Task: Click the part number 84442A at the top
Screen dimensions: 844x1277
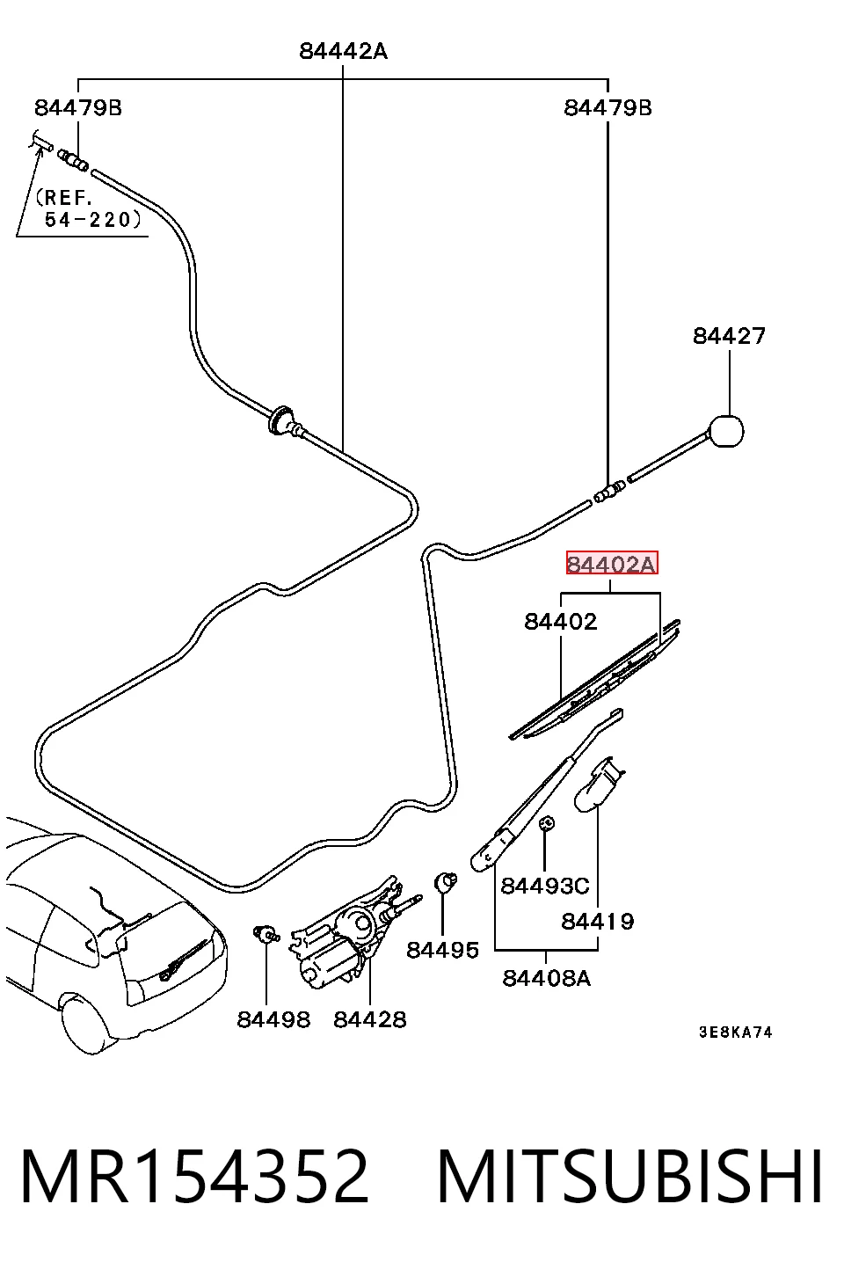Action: click(343, 51)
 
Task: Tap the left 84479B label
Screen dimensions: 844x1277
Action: click(78, 108)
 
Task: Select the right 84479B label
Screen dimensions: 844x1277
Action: click(608, 108)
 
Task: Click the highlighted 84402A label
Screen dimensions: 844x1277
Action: click(612, 563)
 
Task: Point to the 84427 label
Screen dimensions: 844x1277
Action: click(729, 336)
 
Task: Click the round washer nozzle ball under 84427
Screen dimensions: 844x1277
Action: click(726, 431)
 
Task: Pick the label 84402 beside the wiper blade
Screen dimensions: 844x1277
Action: click(561, 621)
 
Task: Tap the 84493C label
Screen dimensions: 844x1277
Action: click(545, 886)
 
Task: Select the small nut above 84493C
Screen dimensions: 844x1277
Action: click(547, 823)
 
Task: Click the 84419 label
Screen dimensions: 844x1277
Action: click(597, 921)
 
